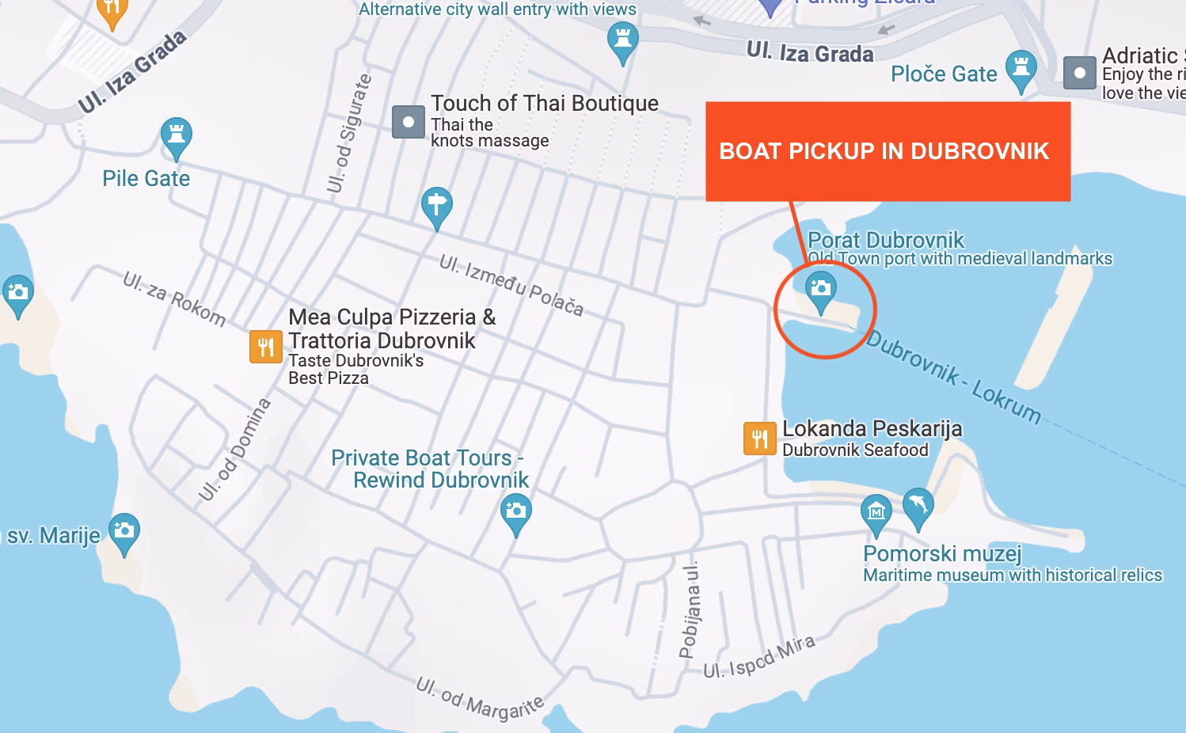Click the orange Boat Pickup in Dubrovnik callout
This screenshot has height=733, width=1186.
pyautogui.click(x=888, y=151)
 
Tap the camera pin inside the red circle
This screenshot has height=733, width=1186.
pyautogui.click(x=821, y=289)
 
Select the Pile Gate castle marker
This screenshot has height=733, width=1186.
pyautogui.click(x=177, y=136)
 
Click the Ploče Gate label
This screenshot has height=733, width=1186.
pyautogui.click(x=944, y=74)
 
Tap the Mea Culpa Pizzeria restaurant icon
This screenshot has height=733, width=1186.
pyautogui.click(x=265, y=347)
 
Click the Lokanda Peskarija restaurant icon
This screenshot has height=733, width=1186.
pyautogui.click(x=759, y=439)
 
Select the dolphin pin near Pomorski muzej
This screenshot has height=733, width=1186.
pyautogui.click(x=918, y=505)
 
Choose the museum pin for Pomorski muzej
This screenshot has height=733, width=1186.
pyautogui.click(x=876, y=512)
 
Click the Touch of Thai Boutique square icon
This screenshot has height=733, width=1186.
pyautogui.click(x=409, y=122)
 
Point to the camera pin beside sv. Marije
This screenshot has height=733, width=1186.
pyautogui.click(x=124, y=531)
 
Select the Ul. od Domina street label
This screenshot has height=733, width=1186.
pyautogui.click(x=234, y=449)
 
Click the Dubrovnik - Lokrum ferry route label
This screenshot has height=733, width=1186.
pyautogui.click(x=953, y=377)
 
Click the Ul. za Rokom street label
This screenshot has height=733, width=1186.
pyautogui.click(x=174, y=298)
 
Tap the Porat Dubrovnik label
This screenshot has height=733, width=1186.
pyautogui.click(x=886, y=240)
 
